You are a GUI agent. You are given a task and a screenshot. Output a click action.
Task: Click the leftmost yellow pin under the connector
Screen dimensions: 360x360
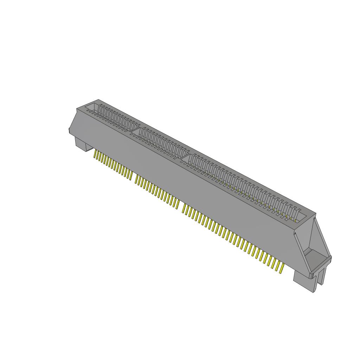coord(95,154)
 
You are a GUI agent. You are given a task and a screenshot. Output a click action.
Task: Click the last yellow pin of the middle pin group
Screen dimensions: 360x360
coord(178,204)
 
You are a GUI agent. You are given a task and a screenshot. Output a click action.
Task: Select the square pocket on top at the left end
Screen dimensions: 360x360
coord(92,107)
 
